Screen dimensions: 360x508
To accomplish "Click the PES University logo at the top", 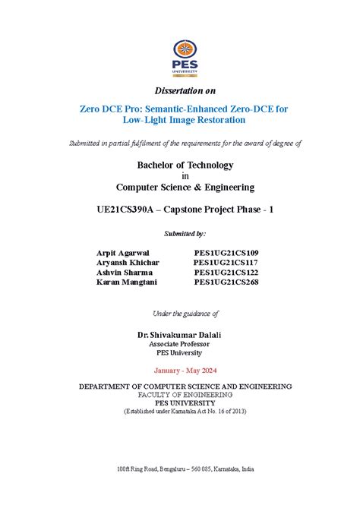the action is point(185,58).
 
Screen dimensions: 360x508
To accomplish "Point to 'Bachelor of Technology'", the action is point(185,165).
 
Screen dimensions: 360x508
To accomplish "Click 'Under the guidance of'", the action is point(185,313).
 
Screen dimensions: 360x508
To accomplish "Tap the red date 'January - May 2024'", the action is point(185,371).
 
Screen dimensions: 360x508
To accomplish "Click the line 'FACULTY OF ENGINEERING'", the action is point(185,395).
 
